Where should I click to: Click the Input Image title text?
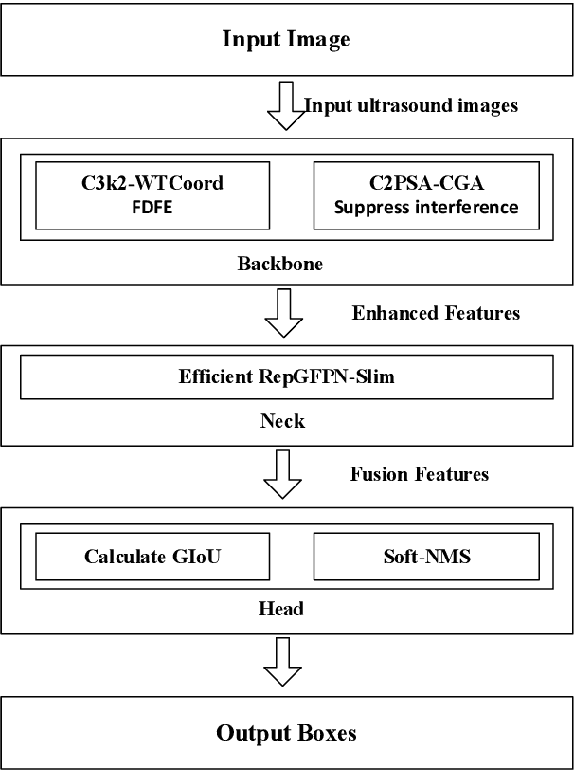point(286,39)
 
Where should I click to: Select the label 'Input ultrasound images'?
point(411,105)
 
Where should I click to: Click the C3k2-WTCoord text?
point(152,184)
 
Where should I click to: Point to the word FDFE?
point(152,205)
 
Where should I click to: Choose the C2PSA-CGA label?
point(425,184)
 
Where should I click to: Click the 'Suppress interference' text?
point(425,205)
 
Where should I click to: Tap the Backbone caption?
point(279,264)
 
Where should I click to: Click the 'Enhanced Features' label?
point(436,313)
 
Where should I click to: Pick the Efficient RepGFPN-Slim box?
point(286,376)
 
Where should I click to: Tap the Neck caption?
point(282,420)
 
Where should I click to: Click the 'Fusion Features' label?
point(420,473)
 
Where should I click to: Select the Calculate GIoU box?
point(152,557)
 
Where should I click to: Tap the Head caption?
point(281,609)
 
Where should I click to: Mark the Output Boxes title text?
point(286,733)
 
